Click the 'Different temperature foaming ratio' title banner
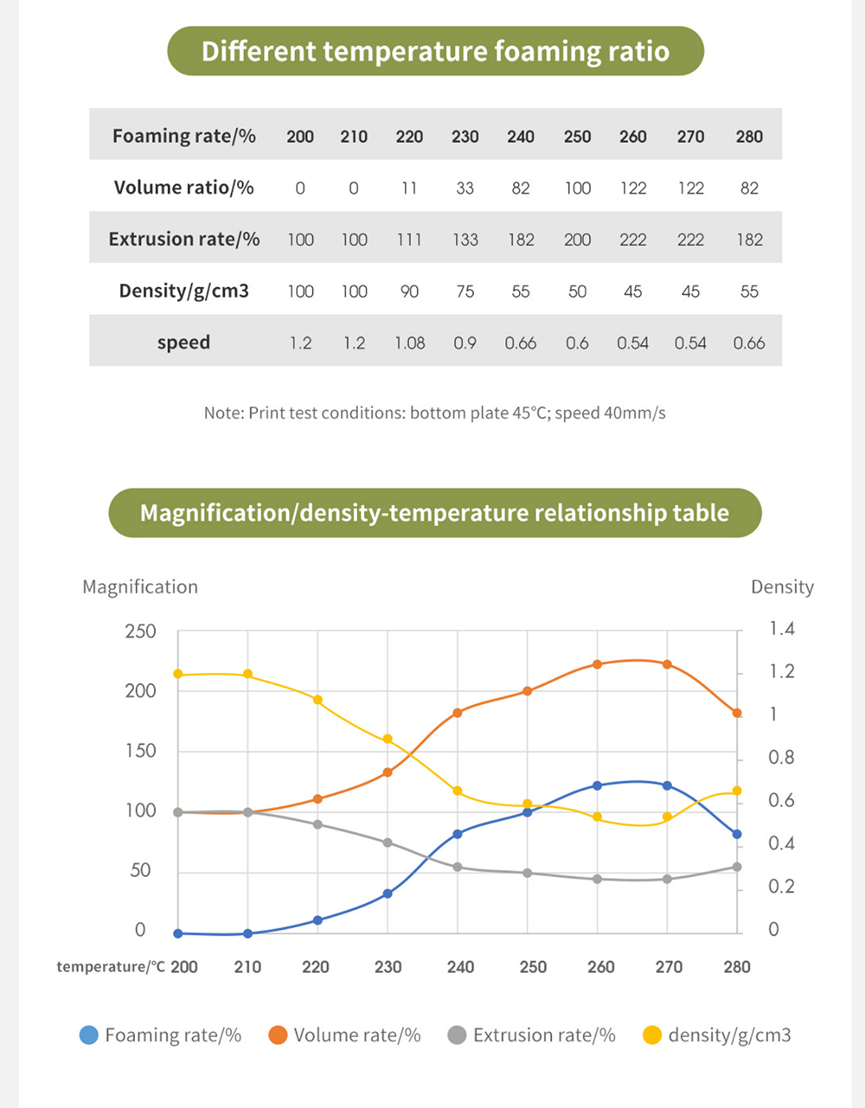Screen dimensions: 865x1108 coord(435,51)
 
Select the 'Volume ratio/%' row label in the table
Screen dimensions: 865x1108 coord(183,188)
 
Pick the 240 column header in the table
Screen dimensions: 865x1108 coord(521,136)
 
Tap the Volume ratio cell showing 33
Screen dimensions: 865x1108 coord(465,189)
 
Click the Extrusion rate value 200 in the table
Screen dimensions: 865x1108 coord(577,240)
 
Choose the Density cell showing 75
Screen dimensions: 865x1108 coord(465,291)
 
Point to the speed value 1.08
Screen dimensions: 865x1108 coord(409,343)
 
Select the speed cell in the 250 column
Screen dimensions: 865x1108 coord(577,343)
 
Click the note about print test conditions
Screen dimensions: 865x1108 coord(435,413)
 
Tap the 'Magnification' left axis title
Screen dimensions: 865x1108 coord(140,587)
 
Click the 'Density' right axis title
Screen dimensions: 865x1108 coord(782,587)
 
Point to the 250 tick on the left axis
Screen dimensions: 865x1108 coord(140,631)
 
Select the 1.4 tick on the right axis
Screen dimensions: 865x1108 coord(781,629)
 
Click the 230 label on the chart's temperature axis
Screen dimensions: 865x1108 coord(388,967)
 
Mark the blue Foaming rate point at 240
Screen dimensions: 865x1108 coord(458,834)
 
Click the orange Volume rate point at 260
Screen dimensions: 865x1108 coord(598,664)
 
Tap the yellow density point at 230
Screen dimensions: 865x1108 coord(388,739)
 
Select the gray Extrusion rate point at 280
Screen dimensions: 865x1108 coord(737,867)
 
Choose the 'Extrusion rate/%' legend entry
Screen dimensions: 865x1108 coord(532,1035)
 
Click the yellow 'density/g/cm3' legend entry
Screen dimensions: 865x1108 coord(717,1035)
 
